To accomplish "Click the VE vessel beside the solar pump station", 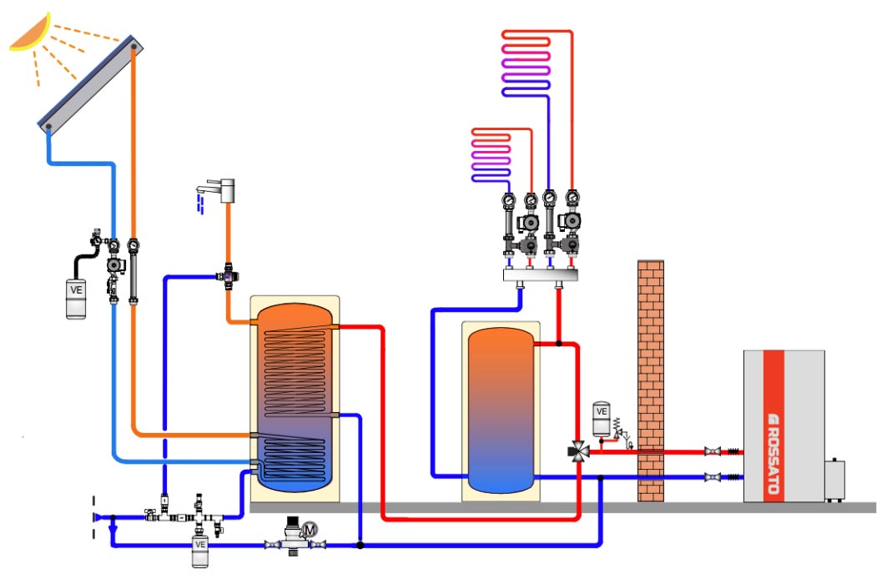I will tap(77, 298).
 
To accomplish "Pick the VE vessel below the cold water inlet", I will tap(200, 551).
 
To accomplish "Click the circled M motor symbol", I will tap(310, 528).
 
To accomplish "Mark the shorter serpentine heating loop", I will tap(491, 154).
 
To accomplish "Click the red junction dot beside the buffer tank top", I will tap(558, 343).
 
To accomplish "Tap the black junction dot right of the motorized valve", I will tap(360, 545).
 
